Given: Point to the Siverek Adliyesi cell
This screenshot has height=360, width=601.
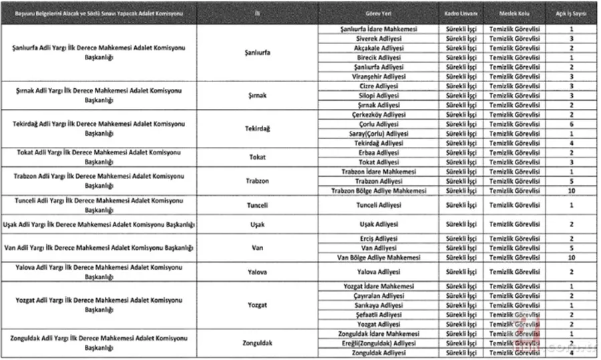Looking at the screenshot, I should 379,39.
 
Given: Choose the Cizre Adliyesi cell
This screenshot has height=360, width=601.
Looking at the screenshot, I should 379,86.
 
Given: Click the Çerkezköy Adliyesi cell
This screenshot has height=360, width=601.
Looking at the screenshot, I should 379,114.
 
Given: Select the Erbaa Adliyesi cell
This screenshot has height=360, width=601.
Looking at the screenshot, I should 379,152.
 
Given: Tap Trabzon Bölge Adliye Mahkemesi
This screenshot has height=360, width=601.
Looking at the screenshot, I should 379,190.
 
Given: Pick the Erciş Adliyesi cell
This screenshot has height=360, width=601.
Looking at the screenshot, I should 379,238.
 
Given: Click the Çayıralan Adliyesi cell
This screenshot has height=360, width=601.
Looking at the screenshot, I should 379,295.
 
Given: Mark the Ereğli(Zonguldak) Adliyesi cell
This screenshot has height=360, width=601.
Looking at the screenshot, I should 379,343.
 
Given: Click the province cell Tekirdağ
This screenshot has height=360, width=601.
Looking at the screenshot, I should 257,128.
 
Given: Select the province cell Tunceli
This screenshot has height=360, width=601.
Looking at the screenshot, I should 257,205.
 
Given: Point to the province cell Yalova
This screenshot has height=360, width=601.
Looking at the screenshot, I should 257,272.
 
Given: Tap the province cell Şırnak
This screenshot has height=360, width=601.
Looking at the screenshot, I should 257,96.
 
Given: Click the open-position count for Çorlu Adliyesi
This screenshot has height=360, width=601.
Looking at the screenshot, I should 572,124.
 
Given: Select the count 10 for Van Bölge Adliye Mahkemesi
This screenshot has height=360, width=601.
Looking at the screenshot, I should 572,257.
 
